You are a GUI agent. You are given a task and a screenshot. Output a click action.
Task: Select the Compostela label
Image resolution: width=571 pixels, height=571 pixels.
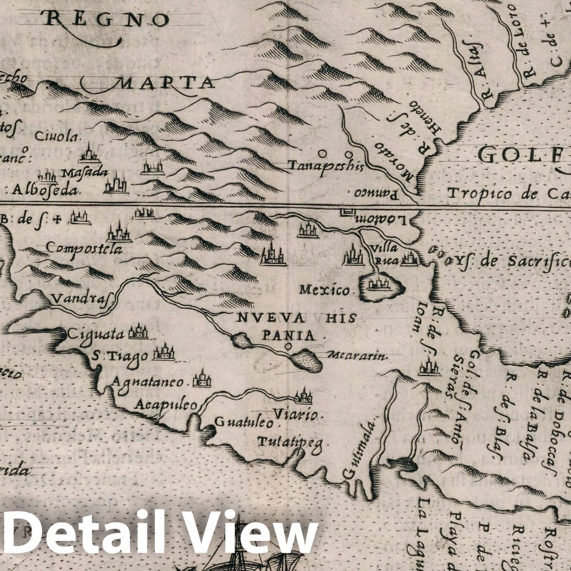[85, 248]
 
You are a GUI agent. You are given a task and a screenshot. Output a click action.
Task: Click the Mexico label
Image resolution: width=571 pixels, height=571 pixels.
[325, 290]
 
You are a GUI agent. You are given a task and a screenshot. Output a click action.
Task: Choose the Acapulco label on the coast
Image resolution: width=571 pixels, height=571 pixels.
[166, 404]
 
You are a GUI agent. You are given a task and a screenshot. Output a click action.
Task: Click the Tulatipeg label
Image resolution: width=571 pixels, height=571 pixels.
[290, 443]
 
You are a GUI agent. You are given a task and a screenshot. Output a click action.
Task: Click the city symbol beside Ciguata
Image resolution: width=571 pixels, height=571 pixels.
[138, 333]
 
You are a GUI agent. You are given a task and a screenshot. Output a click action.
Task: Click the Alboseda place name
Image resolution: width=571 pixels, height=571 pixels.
[45, 191]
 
